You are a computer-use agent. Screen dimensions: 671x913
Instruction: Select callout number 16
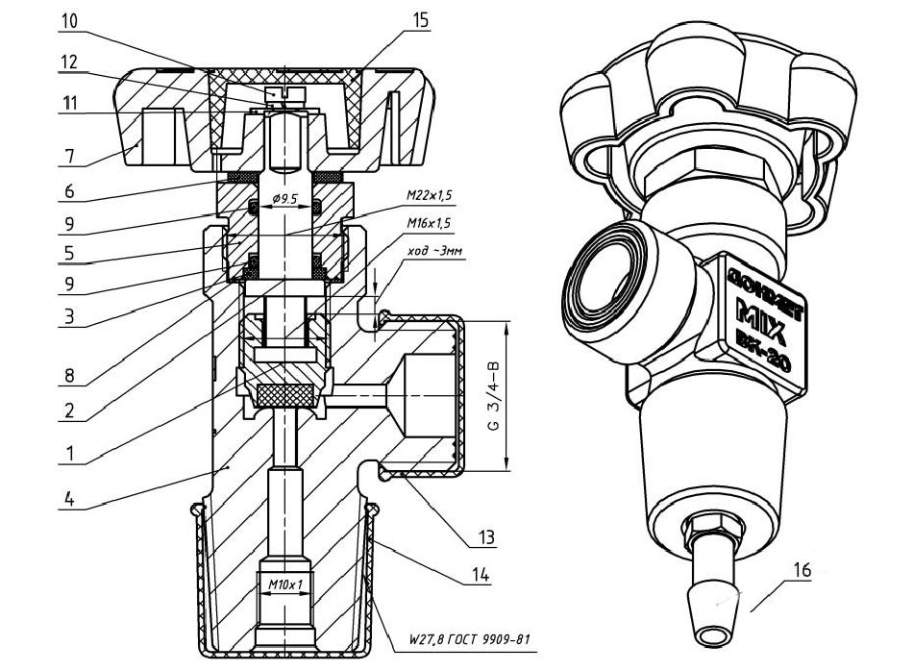coord(802,570)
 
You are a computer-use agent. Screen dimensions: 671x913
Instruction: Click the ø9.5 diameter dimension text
coord(289,201)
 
